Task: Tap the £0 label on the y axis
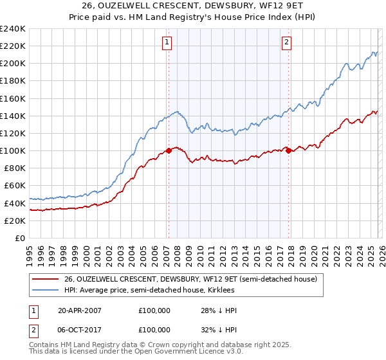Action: click(x=19, y=238)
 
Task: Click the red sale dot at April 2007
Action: click(x=169, y=150)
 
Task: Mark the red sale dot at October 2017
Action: click(x=288, y=150)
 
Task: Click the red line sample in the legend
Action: click(x=45, y=280)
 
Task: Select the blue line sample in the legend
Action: click(x=45, y=291)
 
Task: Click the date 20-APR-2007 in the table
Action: click(x=79, y=310)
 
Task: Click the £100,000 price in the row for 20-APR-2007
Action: click(x=154, y=310)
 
